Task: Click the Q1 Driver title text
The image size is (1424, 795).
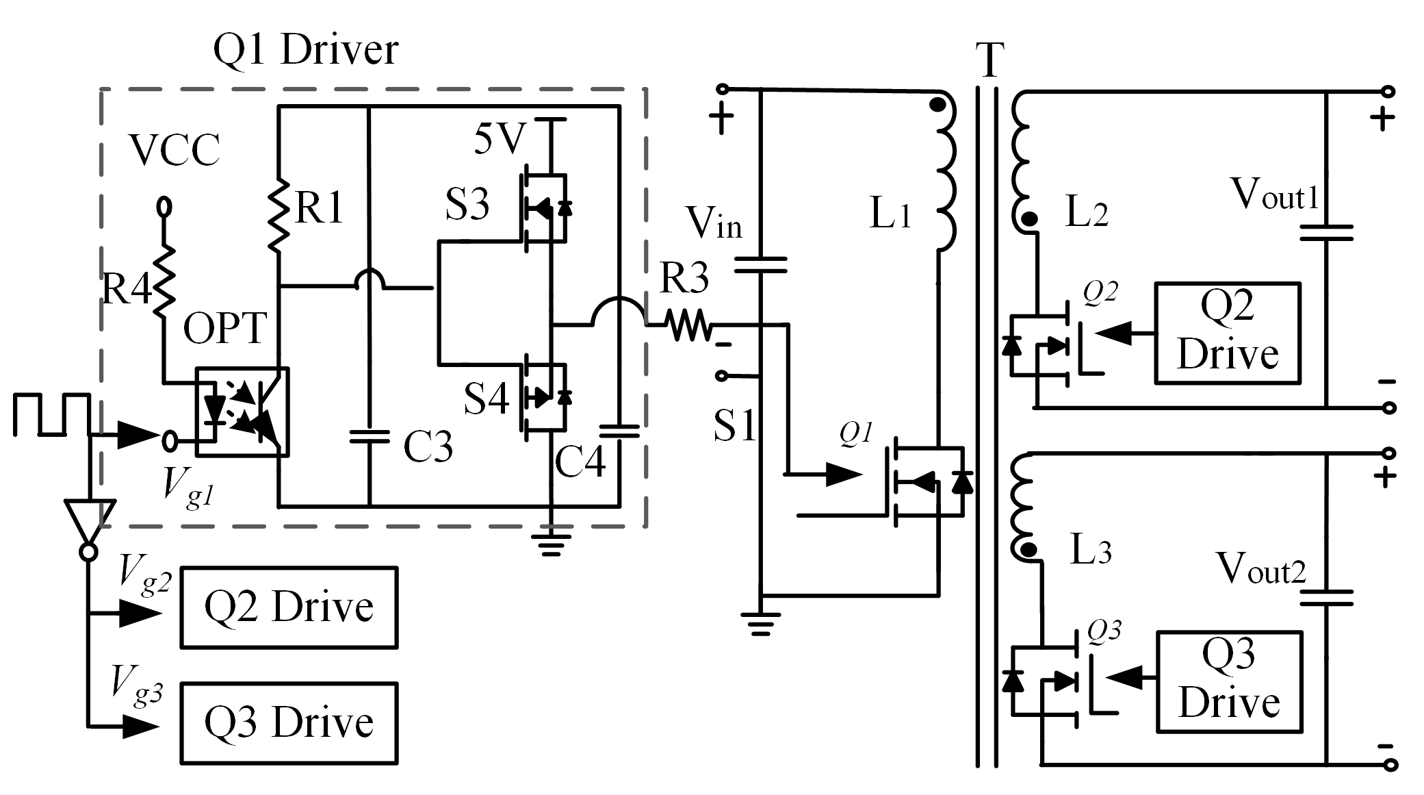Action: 305,50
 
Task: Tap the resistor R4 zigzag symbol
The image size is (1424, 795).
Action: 164,281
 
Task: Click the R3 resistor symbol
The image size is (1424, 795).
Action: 690,325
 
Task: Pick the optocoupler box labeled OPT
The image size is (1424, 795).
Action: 242,412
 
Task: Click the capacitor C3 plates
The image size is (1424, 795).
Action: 369,436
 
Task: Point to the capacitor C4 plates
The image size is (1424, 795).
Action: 619,431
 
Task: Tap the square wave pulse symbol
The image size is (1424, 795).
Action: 51,414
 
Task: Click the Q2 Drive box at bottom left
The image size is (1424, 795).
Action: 289,607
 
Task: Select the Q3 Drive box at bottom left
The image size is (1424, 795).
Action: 289,723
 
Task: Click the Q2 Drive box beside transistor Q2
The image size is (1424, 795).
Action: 1227,333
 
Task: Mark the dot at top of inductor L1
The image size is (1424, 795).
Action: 938,105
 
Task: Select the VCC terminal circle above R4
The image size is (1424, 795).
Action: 164,206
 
